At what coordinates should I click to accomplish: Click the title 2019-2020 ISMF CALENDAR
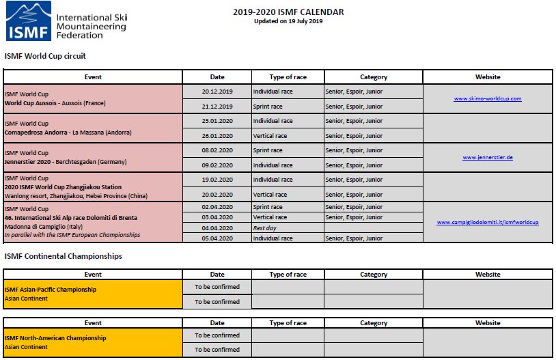click(x=288, y=12)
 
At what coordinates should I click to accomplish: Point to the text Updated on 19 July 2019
click(x=288, y=21)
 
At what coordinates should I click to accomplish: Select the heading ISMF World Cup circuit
click(x=45, y=56)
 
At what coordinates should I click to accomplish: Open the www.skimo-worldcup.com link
click(x=488, y=98)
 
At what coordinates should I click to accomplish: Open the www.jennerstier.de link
click(x=488, y=157)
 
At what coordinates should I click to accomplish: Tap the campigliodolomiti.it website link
click(x=488, y=222)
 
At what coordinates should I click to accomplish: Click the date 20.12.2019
click(x=217, y=91)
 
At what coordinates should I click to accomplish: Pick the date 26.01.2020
click(x=217, y=135)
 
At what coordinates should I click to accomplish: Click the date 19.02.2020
click(x=217, y=180)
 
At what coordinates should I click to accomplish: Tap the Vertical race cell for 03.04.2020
click(x=269, y=217)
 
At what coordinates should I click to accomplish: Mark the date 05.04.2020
click(x=217, y=238)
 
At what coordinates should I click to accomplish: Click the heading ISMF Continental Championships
click(x=64, y=256)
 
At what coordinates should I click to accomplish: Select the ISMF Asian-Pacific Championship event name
click(x=51, y=289)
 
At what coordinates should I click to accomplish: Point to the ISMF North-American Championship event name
click(x=55, y=337)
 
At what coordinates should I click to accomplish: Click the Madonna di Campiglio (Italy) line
click(x=42, y=226)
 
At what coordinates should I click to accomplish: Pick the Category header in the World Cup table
click(x=373, y=77)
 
